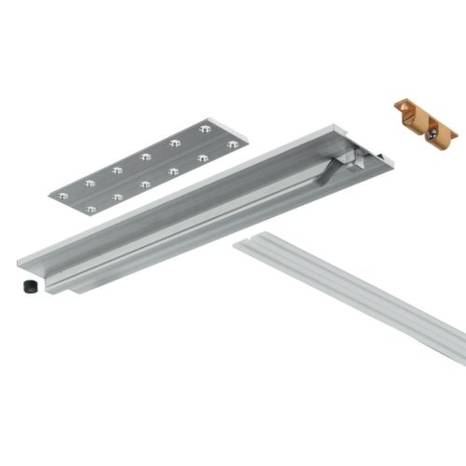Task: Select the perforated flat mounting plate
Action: (x=145, y=166)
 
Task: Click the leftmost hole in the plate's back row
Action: (x=63, y=196)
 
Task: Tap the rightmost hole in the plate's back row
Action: (x=206, y=128)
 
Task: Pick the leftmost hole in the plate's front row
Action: (x=90, y=210)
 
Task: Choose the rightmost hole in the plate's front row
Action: (x=231, y=144)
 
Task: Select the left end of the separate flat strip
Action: (x=239, y=245)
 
